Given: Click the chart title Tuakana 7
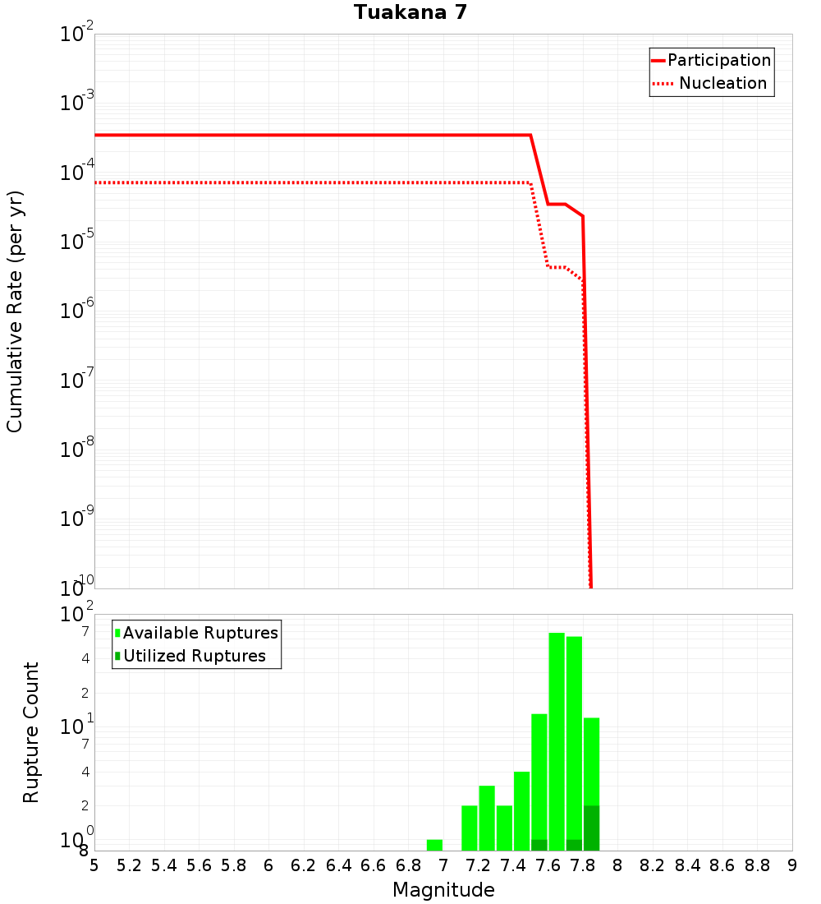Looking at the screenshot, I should pyautogui.click(x=410, y=13).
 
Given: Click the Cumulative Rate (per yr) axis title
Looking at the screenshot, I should pyautogui.click(x=15, y=311).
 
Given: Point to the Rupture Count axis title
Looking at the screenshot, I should pyautogui.click(x=31, y=732).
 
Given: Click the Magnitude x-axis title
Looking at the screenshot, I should pyautogui.click(x=443, y=890).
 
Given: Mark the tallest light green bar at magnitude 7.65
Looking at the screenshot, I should pyautogui.click(x=557, y=740).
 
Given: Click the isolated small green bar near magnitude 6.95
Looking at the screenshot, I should pyautogui.click(x=434, y=845).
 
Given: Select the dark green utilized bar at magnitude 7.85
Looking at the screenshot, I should pyautogui.click(x=591, y=828).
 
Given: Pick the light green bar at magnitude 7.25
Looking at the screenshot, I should pyautogui.click(x=487, y=818).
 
